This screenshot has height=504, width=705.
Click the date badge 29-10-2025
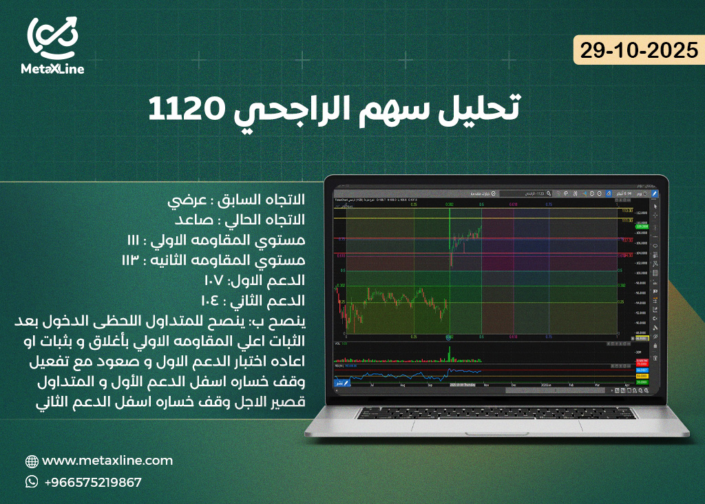639,52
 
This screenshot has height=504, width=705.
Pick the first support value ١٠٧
213,281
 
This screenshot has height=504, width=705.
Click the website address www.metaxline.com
107,461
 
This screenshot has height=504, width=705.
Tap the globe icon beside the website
32,461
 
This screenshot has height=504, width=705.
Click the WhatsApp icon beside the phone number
32,482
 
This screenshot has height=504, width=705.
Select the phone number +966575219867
92,482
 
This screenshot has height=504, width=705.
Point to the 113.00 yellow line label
627,210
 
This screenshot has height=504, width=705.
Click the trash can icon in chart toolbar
655,359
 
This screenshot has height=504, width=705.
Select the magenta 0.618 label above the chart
513,204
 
